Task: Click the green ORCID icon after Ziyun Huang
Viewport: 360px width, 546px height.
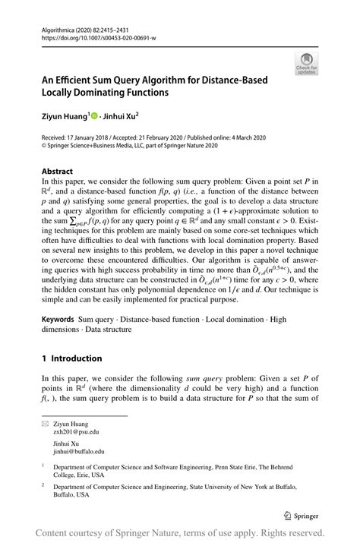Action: click(x=94, y=116)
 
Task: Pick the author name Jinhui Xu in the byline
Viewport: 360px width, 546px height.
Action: click(x=125, y=116)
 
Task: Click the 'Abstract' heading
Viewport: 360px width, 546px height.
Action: click(x=57, y=172)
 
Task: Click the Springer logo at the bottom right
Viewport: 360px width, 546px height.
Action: click(x=305, y=513)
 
